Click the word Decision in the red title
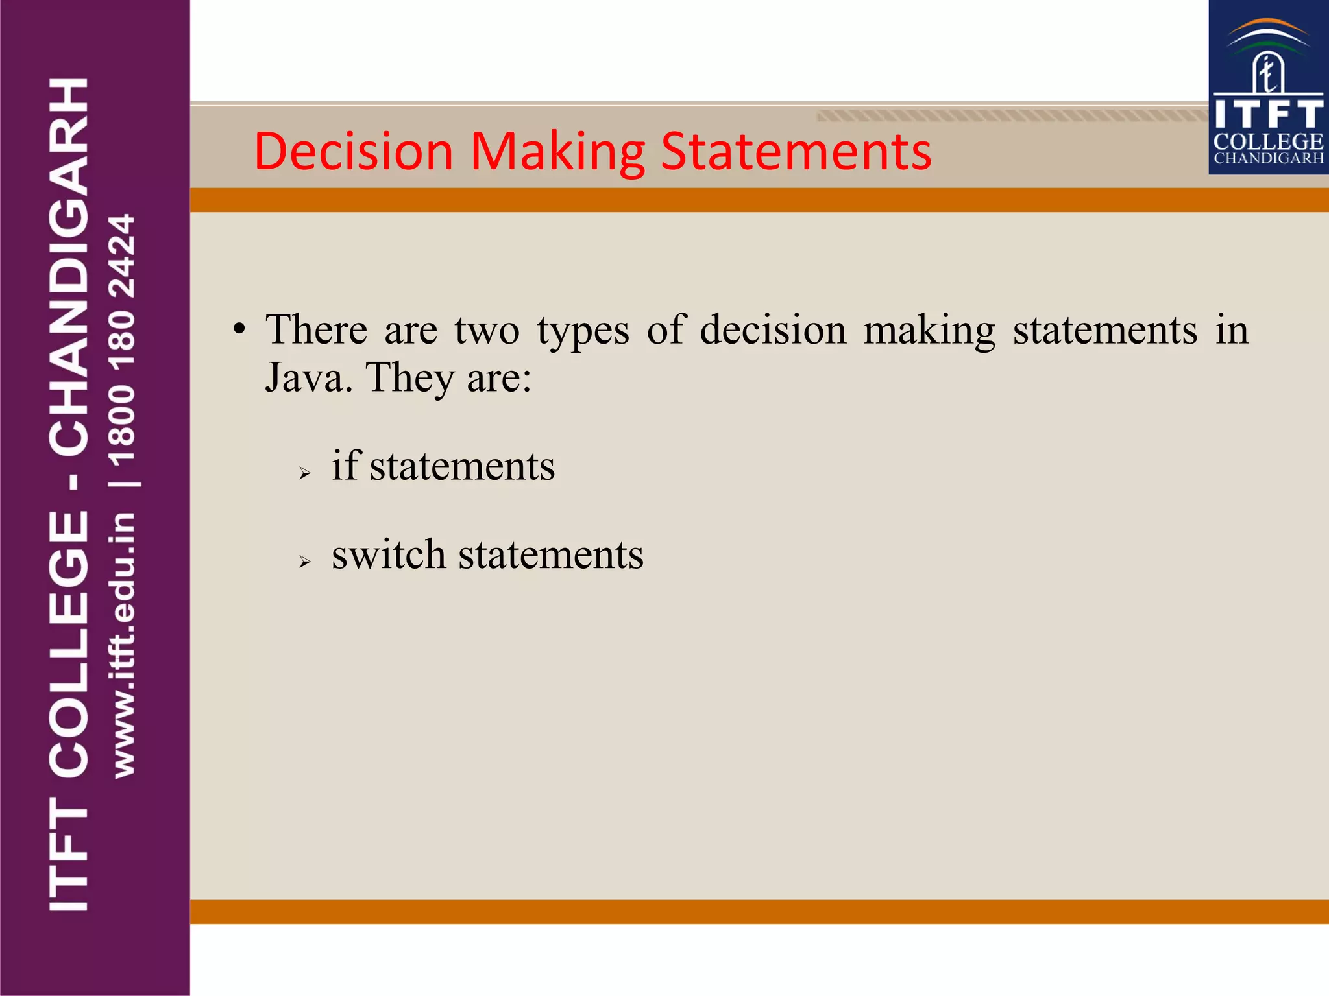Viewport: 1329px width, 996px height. click(x=353, y=151)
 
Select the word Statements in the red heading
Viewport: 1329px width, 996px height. click(x=796, y=151)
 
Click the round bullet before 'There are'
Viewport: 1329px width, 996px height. click(x=240, y=329)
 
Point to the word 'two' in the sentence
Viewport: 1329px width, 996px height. click(x=487, y=329)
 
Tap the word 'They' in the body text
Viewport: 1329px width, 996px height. click(x=409, y=378)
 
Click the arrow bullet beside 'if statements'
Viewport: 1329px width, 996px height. click(x=305, y=473)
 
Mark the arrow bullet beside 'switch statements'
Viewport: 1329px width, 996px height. click(x=305, y=562)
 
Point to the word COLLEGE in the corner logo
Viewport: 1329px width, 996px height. click(x=1268, y=141)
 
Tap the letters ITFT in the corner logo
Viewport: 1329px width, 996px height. click(x=1268, y=114)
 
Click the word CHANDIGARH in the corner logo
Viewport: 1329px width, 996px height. click(x=1268, y=158)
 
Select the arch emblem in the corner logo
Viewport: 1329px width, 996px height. click(x=1267, y=58)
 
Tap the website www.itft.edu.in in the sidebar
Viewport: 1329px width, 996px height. click(x=123, y=645)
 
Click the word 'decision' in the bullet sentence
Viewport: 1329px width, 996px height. click(x=773, y=329)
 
